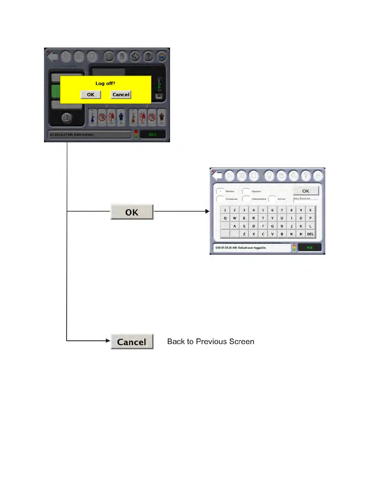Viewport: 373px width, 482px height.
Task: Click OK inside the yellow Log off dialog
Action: (91, 95)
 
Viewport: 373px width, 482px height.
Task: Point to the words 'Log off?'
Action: (105, 83)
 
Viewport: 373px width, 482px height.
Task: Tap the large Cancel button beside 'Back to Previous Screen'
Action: (132, 342)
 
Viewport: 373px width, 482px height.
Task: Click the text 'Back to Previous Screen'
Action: (211, 341)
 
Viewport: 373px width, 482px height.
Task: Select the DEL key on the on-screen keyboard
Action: (310, 234)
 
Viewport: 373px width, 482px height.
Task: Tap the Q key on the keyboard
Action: (225, 218)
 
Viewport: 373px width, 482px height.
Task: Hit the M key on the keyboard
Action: (301, 234)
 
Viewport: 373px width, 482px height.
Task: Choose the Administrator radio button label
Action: (259, 199)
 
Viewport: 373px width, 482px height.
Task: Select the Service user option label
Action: (281, 199)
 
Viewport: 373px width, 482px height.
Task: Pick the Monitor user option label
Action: (230, 191)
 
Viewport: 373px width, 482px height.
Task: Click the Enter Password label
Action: (301, 198)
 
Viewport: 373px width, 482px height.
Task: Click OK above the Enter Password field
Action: (306, 191)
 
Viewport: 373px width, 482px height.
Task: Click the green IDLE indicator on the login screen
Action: (309, 248)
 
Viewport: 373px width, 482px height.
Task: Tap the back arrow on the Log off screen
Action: (52, 57)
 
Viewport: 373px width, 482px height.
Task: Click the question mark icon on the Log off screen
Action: (148, 56)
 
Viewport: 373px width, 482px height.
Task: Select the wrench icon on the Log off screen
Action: (135, 56)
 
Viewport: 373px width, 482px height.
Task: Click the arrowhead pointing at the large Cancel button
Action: (108, 341)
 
